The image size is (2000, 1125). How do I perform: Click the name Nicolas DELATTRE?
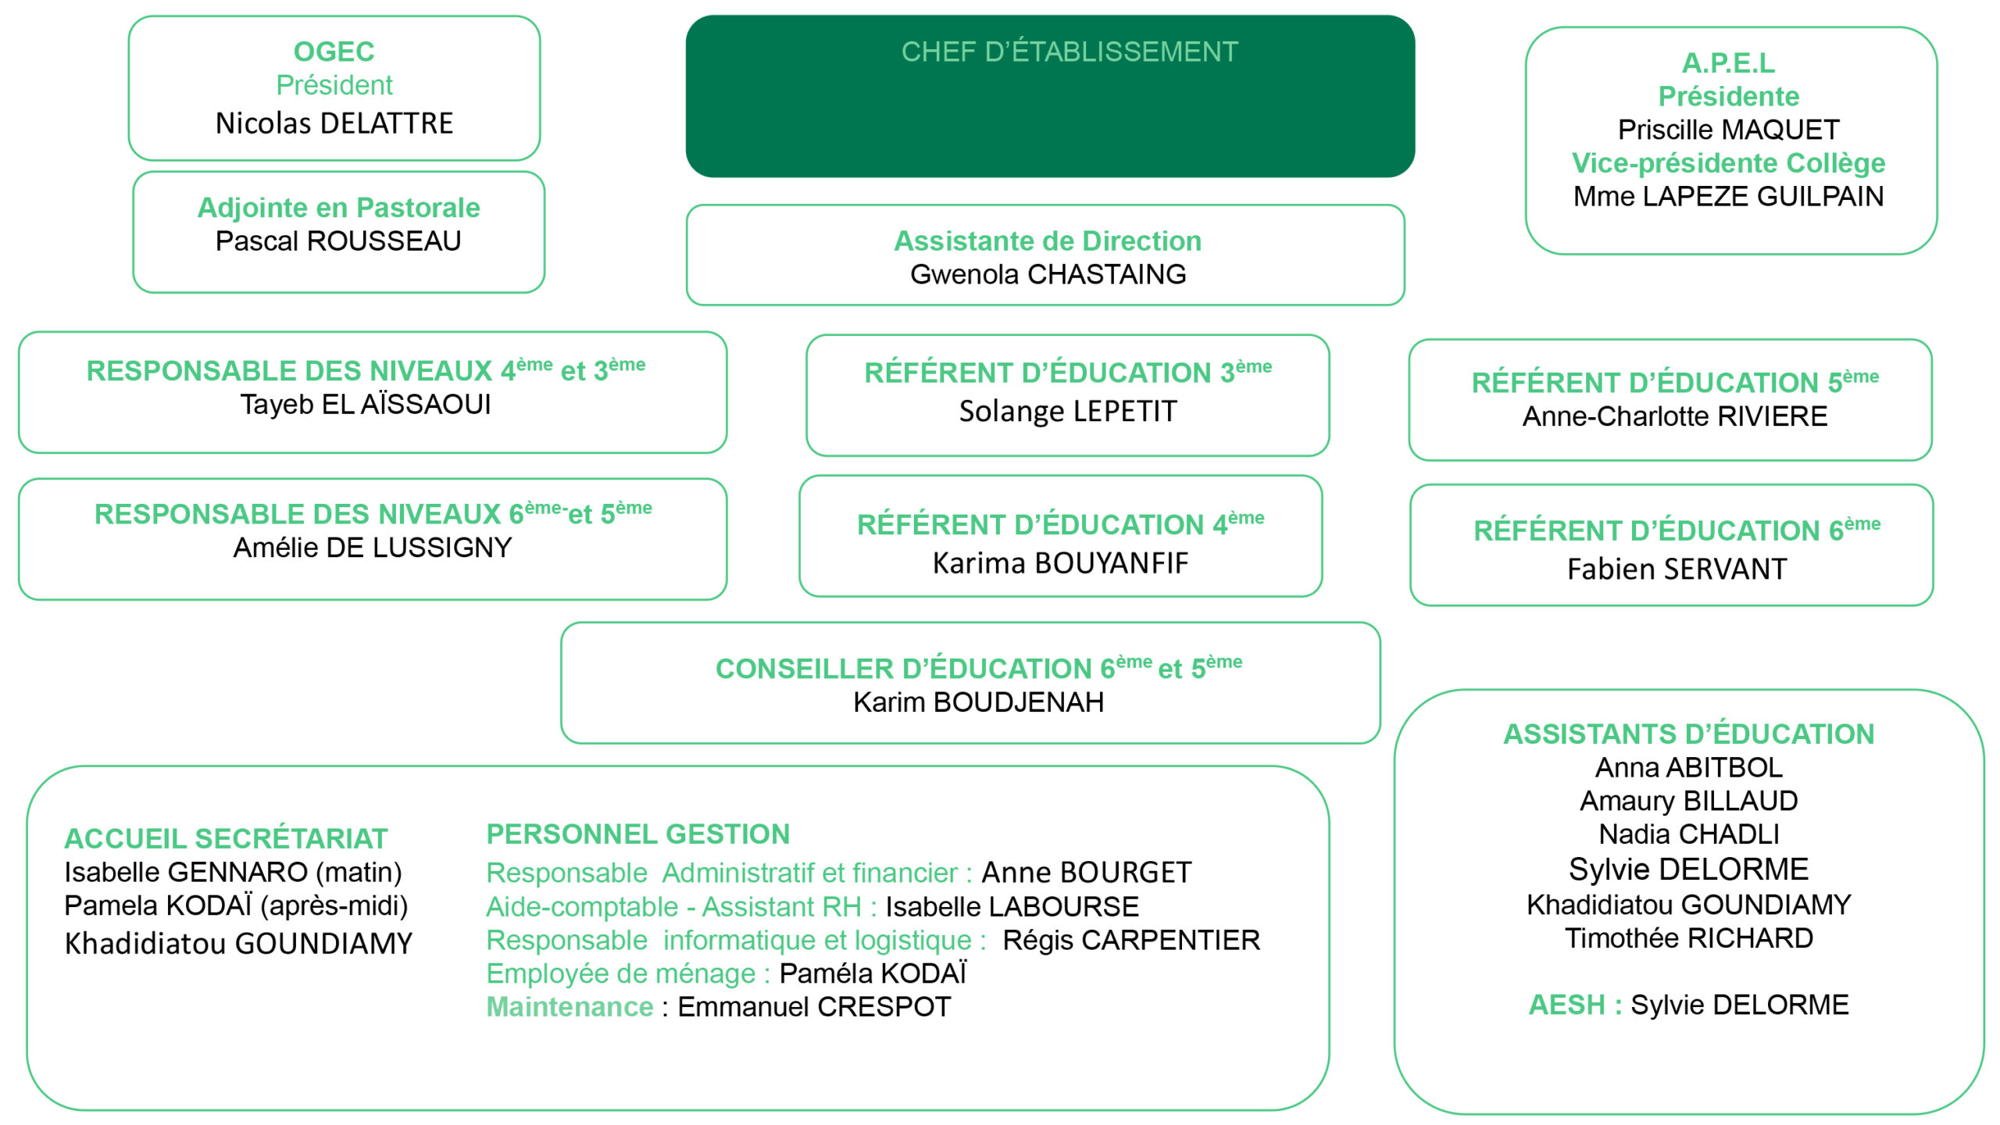pos(334,123)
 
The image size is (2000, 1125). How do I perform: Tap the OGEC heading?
pos(334,52)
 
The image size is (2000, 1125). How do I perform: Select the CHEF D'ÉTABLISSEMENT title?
pos(1070,52)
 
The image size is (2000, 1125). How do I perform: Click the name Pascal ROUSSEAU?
pos(338,241)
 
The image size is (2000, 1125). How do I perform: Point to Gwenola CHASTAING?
pos(1048,275)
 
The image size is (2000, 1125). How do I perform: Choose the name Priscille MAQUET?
pos(1729,130)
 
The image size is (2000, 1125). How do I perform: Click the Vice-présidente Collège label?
pos(1729,163)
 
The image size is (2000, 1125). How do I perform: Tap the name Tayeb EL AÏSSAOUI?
pos(366,405)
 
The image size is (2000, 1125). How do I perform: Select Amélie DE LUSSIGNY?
pos(373,548)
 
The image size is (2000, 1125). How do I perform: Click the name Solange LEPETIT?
pos(1068,412)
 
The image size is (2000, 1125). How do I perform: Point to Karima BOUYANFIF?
pos(1060,563)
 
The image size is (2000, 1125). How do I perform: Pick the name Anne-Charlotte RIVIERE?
pos(1675,416)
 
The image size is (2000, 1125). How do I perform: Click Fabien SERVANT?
pos(1677,570)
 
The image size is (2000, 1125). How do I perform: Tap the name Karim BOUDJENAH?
pos(978,702)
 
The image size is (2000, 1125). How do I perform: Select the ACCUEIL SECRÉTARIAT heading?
pos(226,838)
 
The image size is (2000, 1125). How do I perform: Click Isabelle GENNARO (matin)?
pos(233,873)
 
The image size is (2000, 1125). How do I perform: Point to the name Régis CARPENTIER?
pos(1131,941)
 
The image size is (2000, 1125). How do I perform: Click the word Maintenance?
pos(570,1007)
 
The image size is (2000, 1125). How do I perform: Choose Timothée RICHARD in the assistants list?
pos(1689,938)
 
